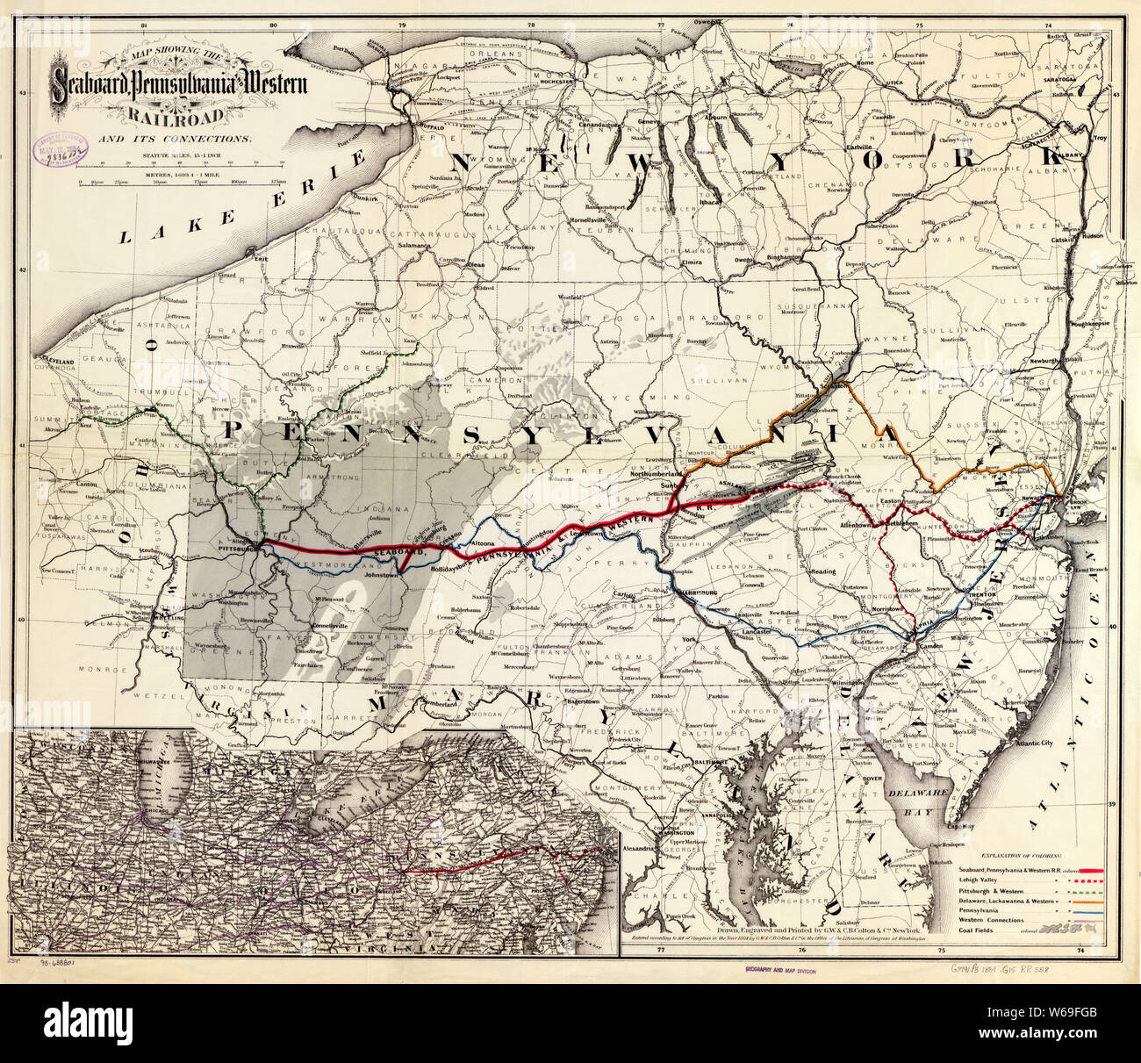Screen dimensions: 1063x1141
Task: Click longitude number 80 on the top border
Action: (274, 27)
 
